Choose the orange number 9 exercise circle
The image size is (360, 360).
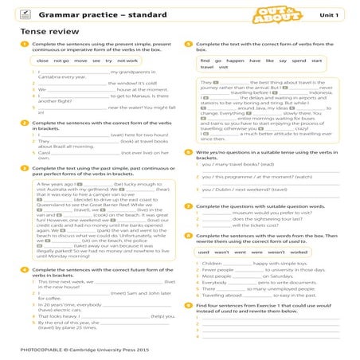click(x=186, y=306)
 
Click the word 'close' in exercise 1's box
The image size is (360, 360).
click(x=43, y=61)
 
